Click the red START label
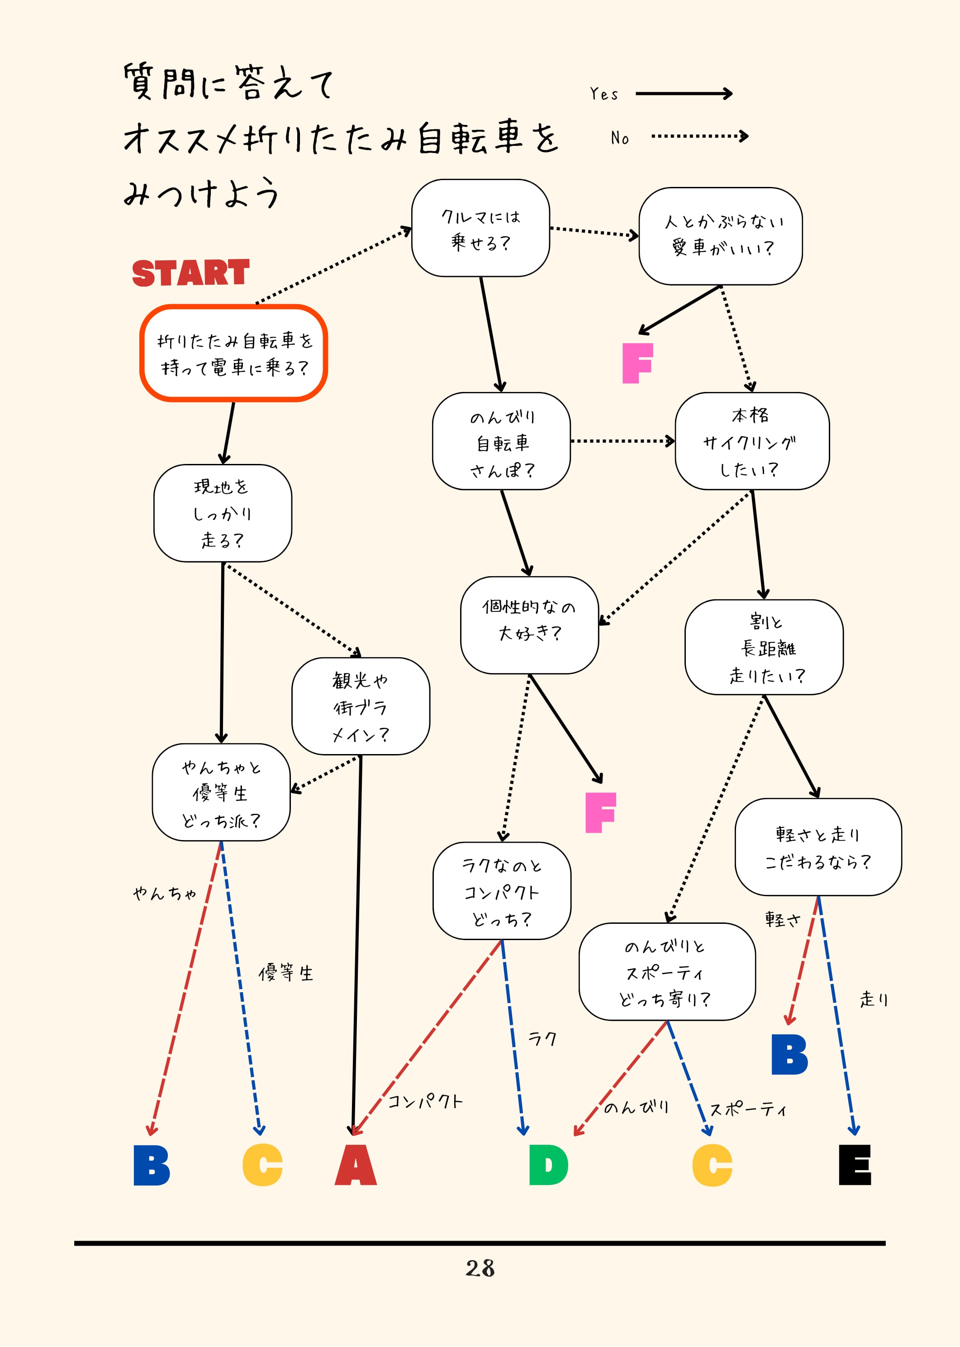coord(190,273)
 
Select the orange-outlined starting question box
coord(233,353)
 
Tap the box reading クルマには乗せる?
coord(480,228)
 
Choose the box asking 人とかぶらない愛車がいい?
coord(720,236)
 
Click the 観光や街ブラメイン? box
coord(361,707)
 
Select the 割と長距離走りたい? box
coord(764,648)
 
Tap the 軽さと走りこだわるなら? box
coord(817,847)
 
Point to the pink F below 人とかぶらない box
coord(637,363)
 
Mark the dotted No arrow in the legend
coord(699,137)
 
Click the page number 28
coord(480,1268)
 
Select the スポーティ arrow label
coord(748,1110)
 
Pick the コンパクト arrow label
coord(424,1102)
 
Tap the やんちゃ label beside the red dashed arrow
coord(164,893)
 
